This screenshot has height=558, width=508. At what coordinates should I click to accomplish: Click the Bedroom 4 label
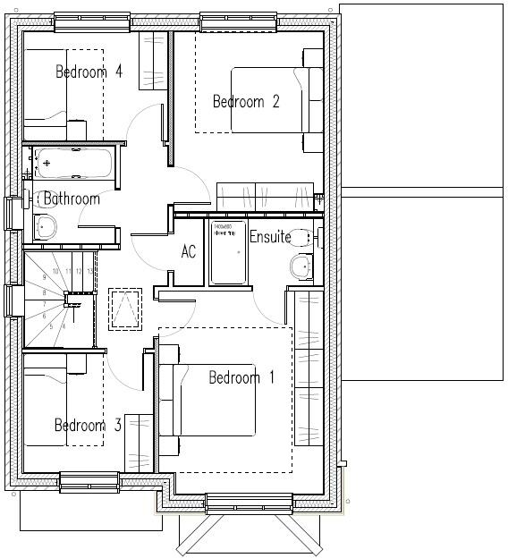pos(89,72)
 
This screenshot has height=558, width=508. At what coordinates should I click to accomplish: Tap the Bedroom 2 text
pos(246,102)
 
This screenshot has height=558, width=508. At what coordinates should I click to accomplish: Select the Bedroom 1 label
pos(241,378)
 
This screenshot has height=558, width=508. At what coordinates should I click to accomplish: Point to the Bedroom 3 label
pos(88,426)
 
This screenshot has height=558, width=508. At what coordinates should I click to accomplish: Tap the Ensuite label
pos(269,237)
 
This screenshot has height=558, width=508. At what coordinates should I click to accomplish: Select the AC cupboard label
pos(189,252)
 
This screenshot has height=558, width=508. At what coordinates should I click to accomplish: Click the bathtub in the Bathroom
pos(74,164)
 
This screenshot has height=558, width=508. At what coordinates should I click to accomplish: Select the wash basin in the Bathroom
pos(44,228)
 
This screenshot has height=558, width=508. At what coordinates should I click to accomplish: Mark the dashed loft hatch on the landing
pos(124,309)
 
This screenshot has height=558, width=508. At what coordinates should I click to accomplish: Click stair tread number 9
pos(44,278)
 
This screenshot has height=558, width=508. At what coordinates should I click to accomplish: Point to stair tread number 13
pos(89,271)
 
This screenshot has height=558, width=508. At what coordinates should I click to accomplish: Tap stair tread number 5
pos(51,326)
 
